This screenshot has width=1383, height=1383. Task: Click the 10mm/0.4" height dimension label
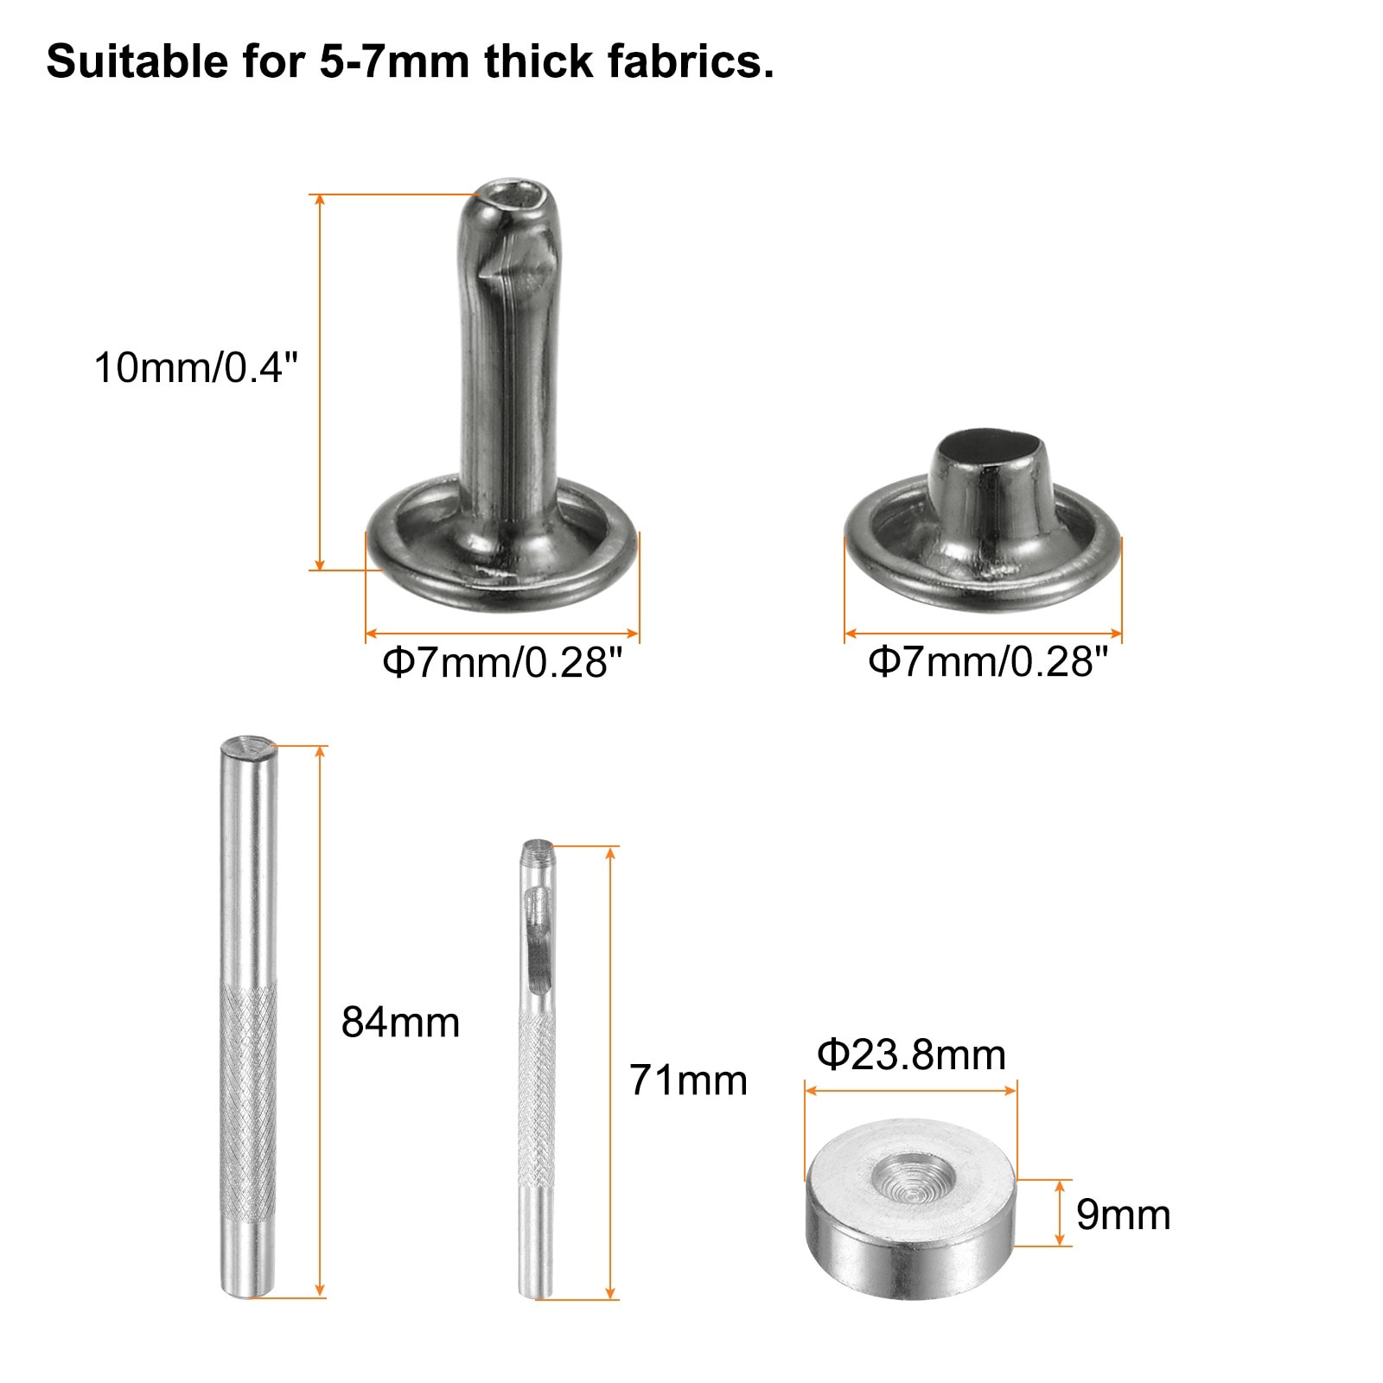pyautogui.click(x=195, y=367)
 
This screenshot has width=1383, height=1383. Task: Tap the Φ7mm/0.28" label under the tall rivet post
pyautogui.click(x=502, y=663)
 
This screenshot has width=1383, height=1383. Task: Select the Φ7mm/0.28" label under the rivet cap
pyautogui.click(x=987, y=662)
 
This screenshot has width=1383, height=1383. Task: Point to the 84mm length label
pyautogui.click(x=400, y=1023)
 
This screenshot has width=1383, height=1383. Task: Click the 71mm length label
pyautogui.click(x=688, y=1080)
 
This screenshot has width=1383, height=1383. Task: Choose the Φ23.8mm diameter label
pyautogui.click(x=911, y=1055)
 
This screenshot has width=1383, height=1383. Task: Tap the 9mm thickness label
pyautogui.click(x=1123, y=1214)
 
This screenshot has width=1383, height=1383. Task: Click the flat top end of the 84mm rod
pyautogui.click(x=249, y=743)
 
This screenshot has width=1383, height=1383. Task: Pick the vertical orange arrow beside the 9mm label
pyautogui.click(x=1060, y=1213)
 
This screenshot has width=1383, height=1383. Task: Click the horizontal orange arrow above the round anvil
pyautogui.click(x=910, y=1091)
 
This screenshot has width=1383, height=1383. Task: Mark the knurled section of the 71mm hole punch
pyautogui.click(x=537, y=1098)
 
